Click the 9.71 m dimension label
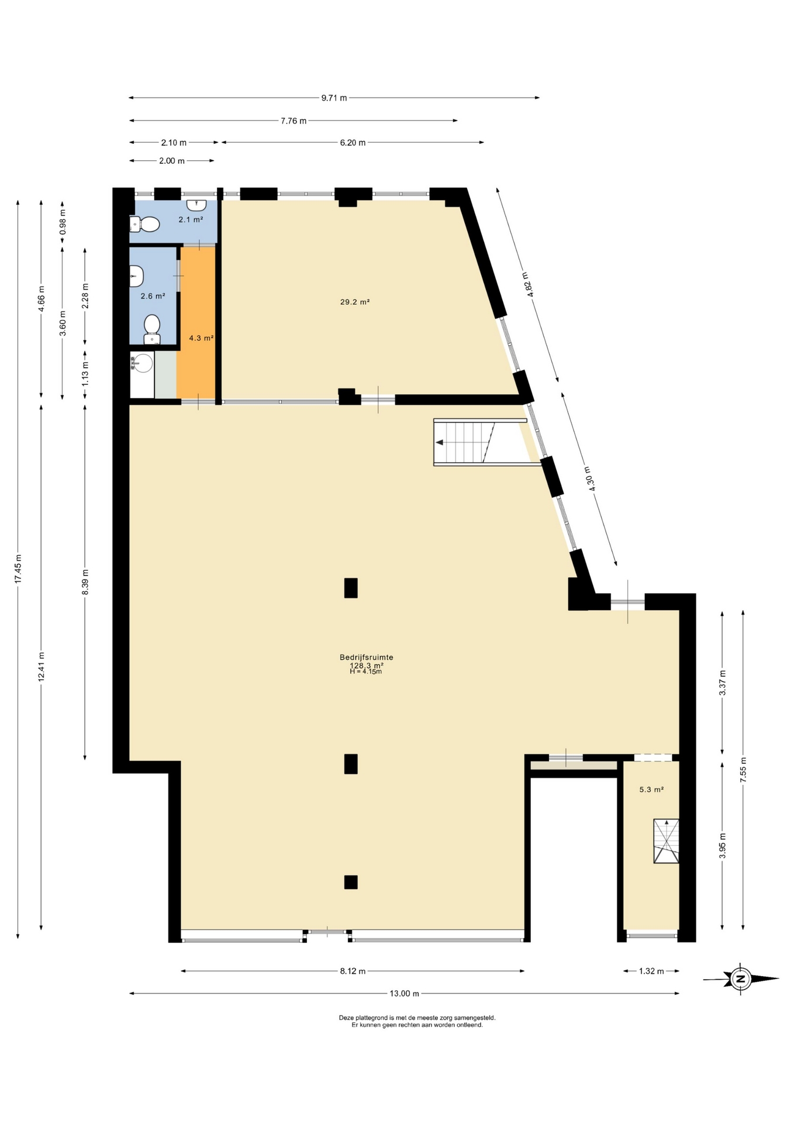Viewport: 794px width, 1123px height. pyautogui.click(x=334, y=98)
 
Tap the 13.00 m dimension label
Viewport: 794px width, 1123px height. pyautogui.click(x=405, y=993)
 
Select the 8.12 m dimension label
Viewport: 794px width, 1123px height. pyautogui.click(x=353, y=971)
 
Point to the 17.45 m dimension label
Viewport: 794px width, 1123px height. pyautogui.click(x=18, y=569)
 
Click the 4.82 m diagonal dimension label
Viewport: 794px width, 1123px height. pyautogui.click(x=527, y=285)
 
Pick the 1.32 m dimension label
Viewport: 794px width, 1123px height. pyautogui.click(x=651, y=971)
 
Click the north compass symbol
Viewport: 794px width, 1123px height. pyautogui.click(x=741, y=978)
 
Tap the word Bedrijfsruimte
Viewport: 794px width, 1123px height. pyautogui.click(x=367, y=657)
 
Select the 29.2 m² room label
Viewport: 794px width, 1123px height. pyautogui.click(x=355, y=302)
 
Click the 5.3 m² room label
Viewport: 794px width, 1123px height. pyautogui.click(x=651, y=789)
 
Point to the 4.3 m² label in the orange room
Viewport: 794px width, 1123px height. pyautogui.click(x=201, y=337)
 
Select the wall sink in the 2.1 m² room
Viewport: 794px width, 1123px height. pyautogui.click(x=197, y=205)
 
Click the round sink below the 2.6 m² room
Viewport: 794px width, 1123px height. pyautogui.click(x=141, y=364)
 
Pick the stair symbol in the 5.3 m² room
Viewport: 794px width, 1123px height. pyautogui.click(x=666, y=841)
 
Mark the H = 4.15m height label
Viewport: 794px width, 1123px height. pyautogui.click(x=366, y=671)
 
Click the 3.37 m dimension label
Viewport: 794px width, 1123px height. pyautogui.click(x=723, y=683)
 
